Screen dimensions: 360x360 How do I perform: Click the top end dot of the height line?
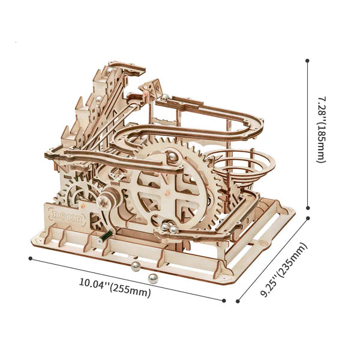coord(307,60)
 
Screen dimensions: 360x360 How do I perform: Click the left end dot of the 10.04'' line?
coord(30,259)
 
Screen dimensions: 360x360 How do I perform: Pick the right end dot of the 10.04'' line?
coord(224,301)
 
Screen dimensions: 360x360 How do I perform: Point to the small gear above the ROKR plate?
coord(77,195)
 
